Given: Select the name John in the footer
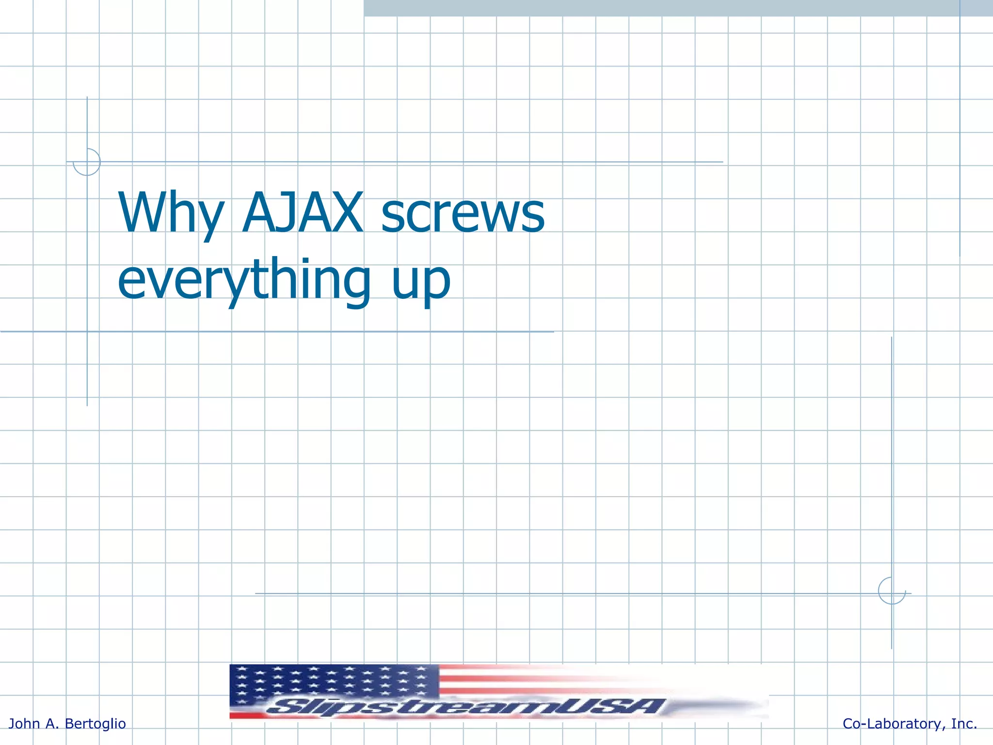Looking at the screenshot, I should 24,724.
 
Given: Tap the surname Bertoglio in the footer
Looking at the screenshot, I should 95,724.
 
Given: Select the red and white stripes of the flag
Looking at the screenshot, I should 533,679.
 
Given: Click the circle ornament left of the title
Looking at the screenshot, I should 87,162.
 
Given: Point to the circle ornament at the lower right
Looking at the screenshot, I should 892,591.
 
